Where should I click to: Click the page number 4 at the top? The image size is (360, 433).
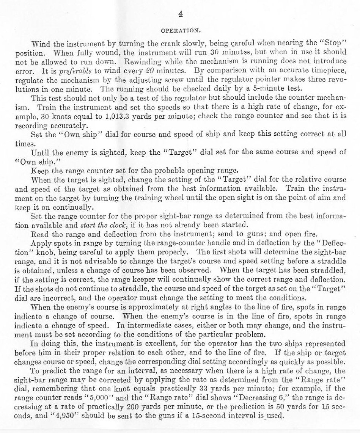click(181, 15)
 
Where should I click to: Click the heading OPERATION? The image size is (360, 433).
click(181, 29)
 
